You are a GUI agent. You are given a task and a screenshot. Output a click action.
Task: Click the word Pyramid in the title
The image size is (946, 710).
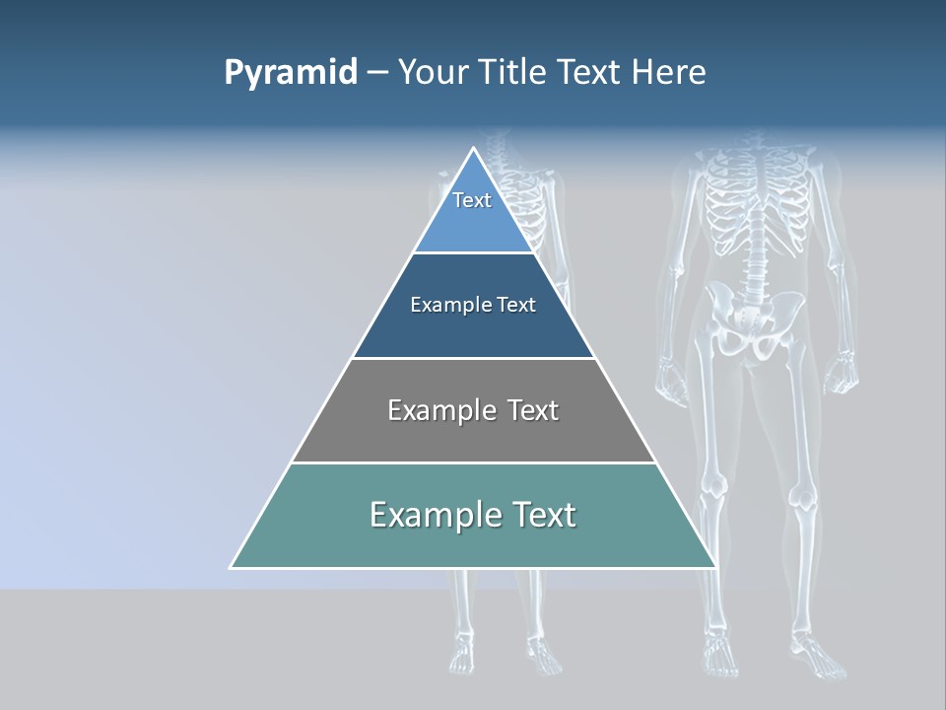click(291, 73)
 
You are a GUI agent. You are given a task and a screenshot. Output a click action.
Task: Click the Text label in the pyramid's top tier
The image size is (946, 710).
click(472, 200)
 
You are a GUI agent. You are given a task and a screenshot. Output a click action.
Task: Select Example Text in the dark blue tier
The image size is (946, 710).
click(473, 305)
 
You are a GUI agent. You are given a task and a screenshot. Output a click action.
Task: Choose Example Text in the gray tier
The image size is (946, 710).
click(473, 410)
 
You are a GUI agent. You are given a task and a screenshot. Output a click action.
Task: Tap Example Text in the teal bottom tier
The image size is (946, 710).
click(473, 515)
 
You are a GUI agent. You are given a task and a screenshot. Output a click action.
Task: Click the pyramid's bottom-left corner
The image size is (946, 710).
click(232, 567)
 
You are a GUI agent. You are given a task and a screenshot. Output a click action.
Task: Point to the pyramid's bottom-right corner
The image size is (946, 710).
click(715, 567)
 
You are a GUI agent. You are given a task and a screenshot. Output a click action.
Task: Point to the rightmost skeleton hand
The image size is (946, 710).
click(840, 377)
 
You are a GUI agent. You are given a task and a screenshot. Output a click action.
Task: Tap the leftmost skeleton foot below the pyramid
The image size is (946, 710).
click(461, 652)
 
